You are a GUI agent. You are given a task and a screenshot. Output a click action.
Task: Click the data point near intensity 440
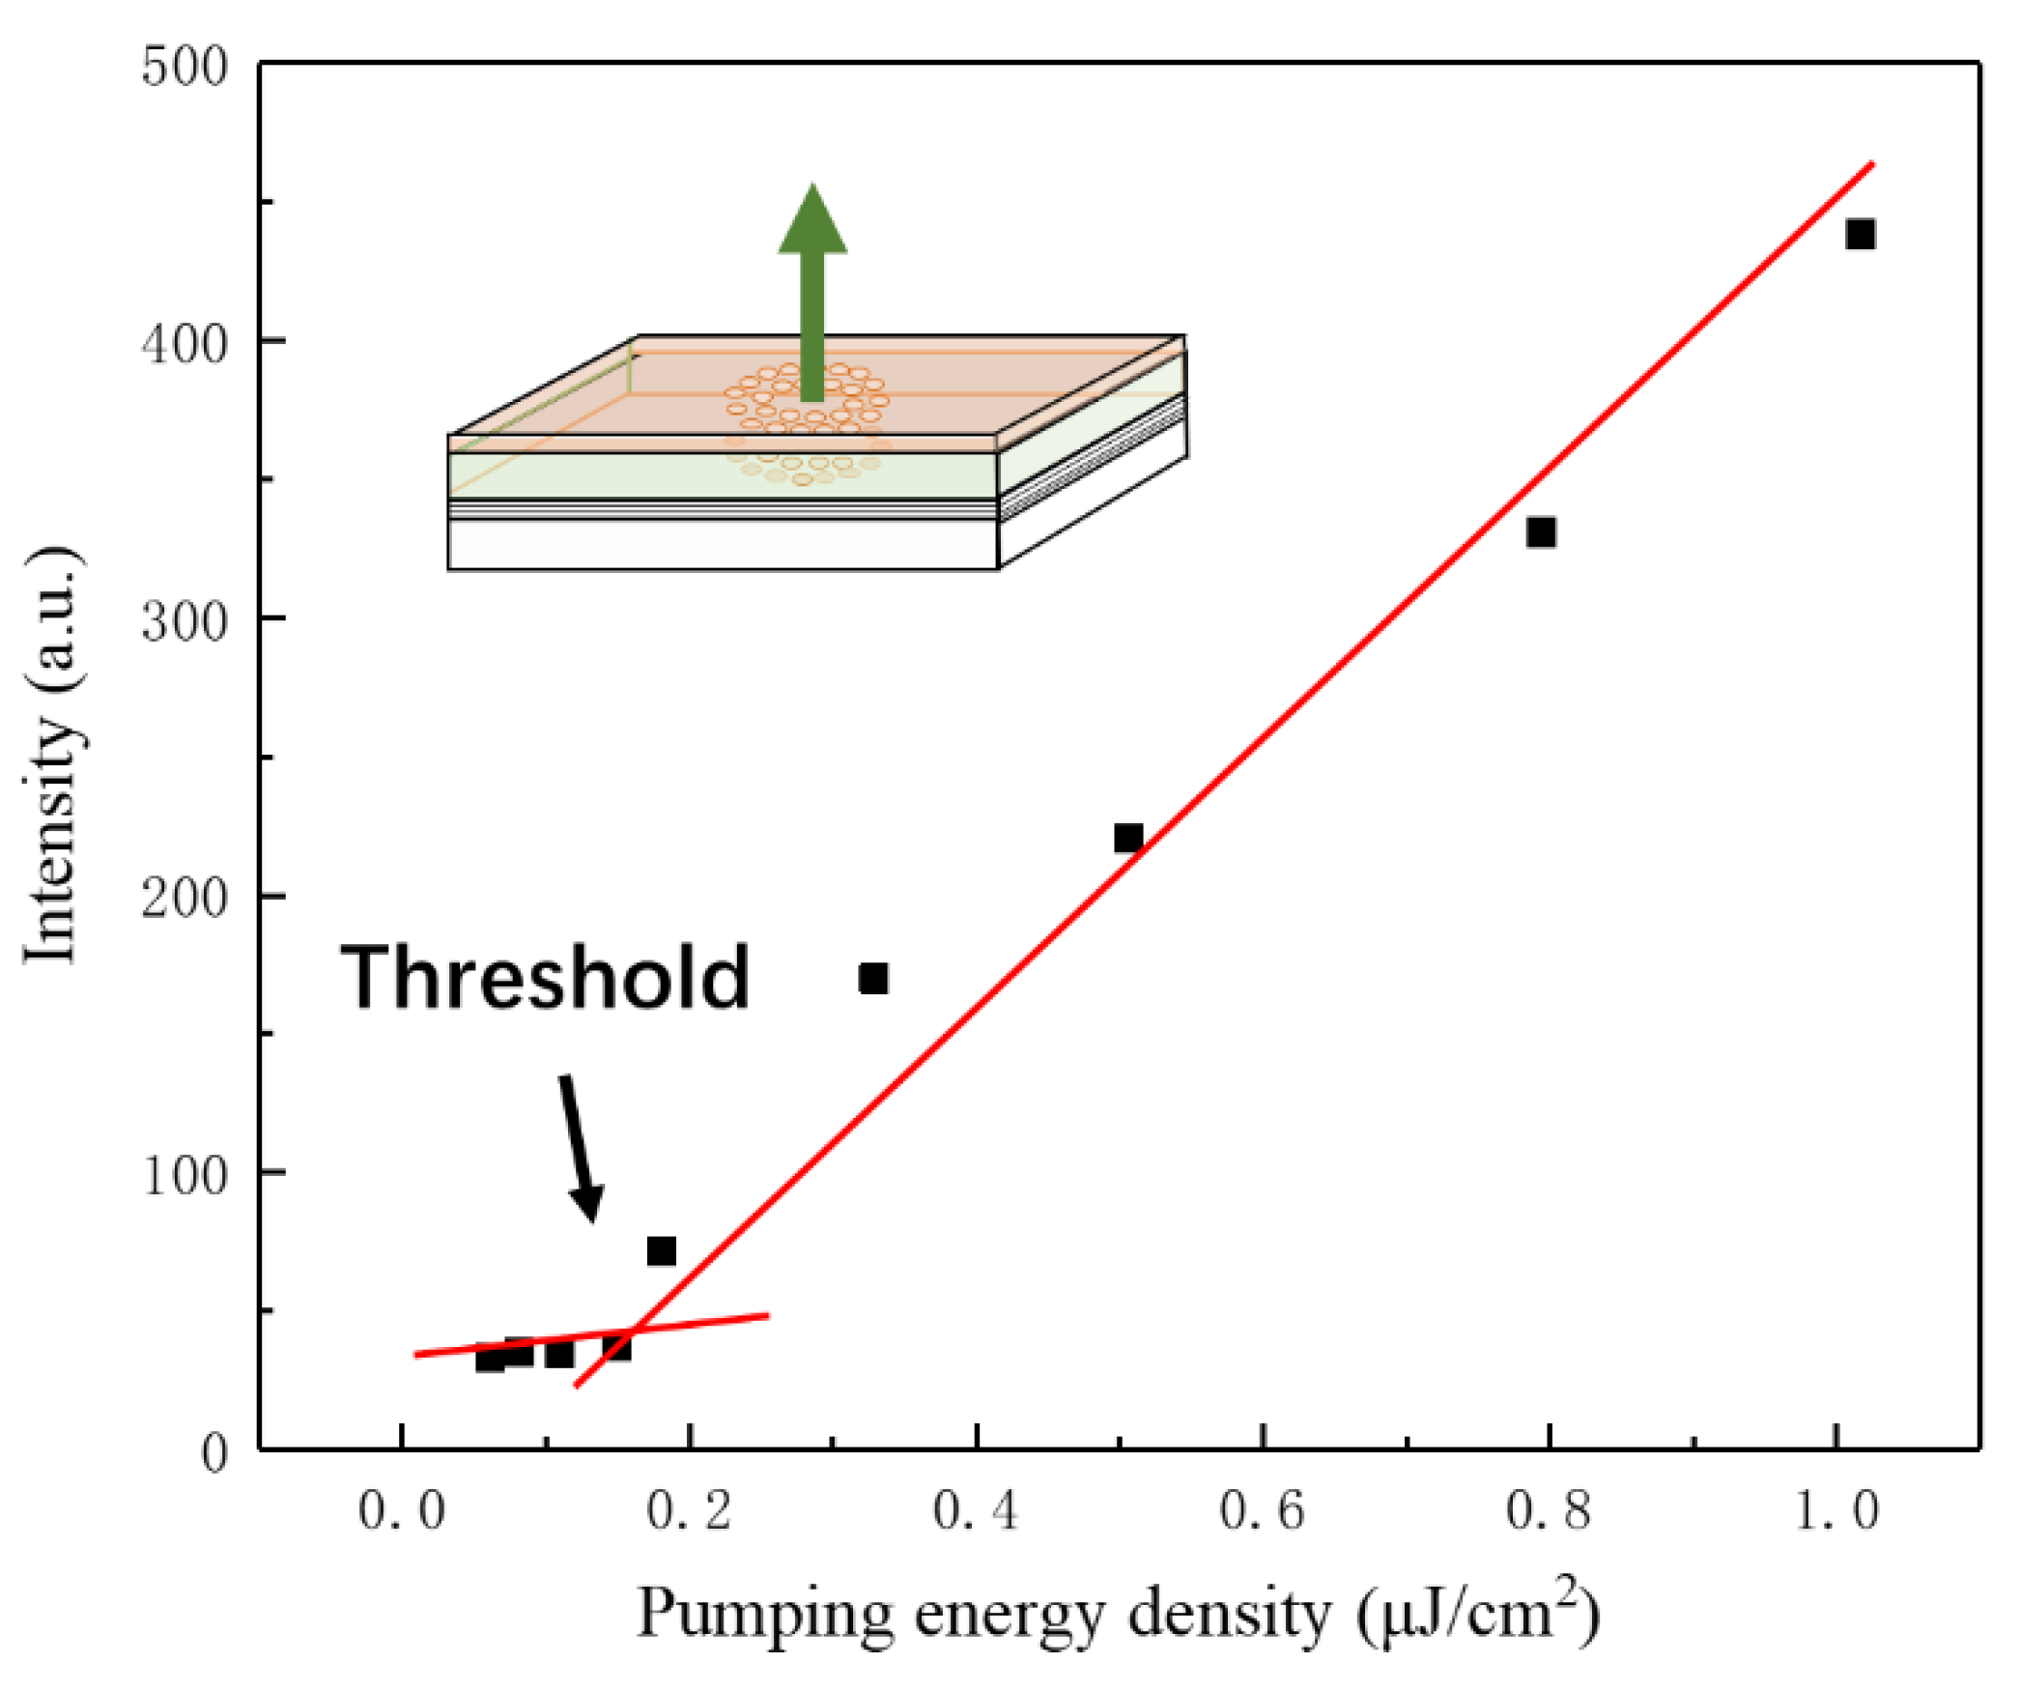(1860, 234)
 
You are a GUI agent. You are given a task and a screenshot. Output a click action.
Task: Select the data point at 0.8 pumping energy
(1541, 532)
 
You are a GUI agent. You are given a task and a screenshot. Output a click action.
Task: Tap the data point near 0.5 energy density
(1128, 838)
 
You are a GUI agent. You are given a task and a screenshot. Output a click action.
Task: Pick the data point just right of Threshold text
(873, 979)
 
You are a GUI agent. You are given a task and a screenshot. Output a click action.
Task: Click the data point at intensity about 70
(661, 1251)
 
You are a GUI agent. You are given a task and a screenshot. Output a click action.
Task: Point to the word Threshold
(546, 978)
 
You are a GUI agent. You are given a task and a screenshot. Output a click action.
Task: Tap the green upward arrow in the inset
(812, 290)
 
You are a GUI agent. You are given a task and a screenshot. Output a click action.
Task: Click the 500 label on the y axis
(184, 68)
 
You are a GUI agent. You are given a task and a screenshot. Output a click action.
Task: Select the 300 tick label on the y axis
(184, 621)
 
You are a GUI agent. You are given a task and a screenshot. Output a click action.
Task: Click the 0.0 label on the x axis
(401, 1511)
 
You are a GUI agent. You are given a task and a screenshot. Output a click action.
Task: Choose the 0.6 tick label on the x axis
(1262, 1511)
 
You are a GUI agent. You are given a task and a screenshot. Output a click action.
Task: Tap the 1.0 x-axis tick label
(1835, 1511)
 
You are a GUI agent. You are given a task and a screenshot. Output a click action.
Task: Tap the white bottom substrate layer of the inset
(722, 545)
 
